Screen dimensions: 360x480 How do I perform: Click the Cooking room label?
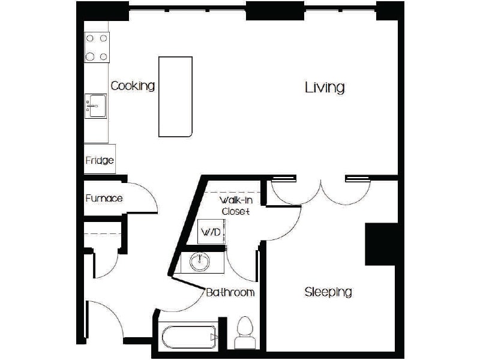[133, 86]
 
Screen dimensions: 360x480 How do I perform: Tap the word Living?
[325, 88]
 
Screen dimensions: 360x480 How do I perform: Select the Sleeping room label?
[328, 292]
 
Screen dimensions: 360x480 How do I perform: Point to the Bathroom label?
[230, 293]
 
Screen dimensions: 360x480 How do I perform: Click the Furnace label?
[104, 198]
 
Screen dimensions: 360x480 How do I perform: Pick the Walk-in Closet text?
[235, 206]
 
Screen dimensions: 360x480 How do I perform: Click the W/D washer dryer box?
[210, 232]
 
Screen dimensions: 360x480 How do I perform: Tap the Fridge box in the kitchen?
[100, 161]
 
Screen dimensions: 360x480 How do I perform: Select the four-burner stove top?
[97, 47]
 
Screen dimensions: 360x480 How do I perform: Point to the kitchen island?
[175, 97]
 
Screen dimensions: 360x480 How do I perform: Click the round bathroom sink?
[200, 262]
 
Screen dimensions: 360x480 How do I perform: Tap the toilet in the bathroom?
[244, 333]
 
